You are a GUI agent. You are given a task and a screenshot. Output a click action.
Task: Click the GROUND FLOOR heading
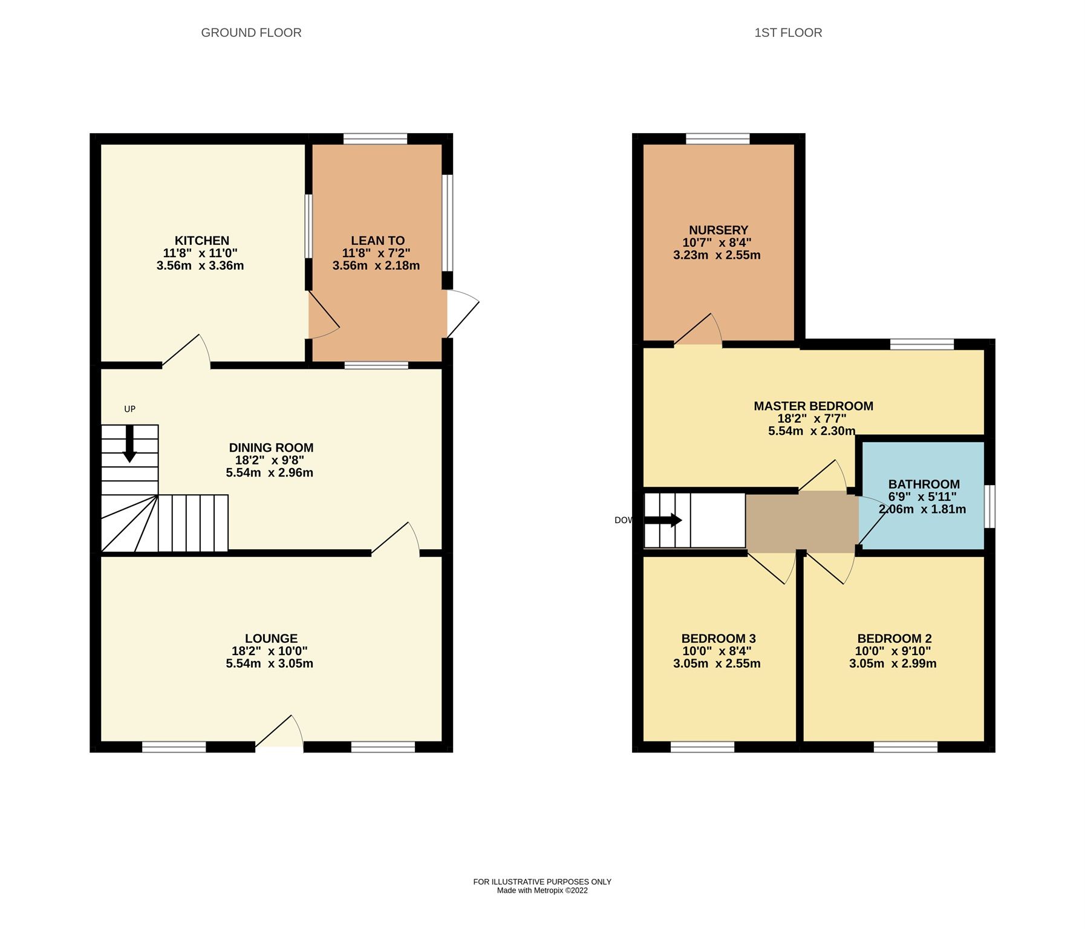[251, 33]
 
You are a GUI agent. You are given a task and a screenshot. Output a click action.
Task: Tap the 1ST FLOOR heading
[787, 33]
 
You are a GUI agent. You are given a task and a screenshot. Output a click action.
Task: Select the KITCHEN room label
[202, 241]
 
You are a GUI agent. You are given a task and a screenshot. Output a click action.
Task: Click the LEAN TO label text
[377, 241]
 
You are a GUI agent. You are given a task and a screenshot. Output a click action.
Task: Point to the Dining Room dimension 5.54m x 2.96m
[270, 473]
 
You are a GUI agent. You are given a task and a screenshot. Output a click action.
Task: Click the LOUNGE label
[271, 639]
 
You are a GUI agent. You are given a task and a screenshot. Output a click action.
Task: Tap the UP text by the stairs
[129, 409]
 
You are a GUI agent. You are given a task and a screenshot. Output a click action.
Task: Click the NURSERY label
[718, 230]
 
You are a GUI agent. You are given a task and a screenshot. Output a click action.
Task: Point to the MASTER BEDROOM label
[813, 406]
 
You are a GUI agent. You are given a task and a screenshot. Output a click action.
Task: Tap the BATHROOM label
[924, 484]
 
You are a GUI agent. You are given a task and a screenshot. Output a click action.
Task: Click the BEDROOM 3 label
[718, 639]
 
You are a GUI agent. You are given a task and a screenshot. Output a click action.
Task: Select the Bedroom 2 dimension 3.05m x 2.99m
[892, 663]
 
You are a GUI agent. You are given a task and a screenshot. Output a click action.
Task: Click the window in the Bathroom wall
[989, 506]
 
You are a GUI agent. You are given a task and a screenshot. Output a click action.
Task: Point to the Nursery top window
[717, 139]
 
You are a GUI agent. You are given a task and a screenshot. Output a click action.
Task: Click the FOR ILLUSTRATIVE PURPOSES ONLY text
[542, 882]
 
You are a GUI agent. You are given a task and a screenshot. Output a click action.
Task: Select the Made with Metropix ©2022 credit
[542, 890]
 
